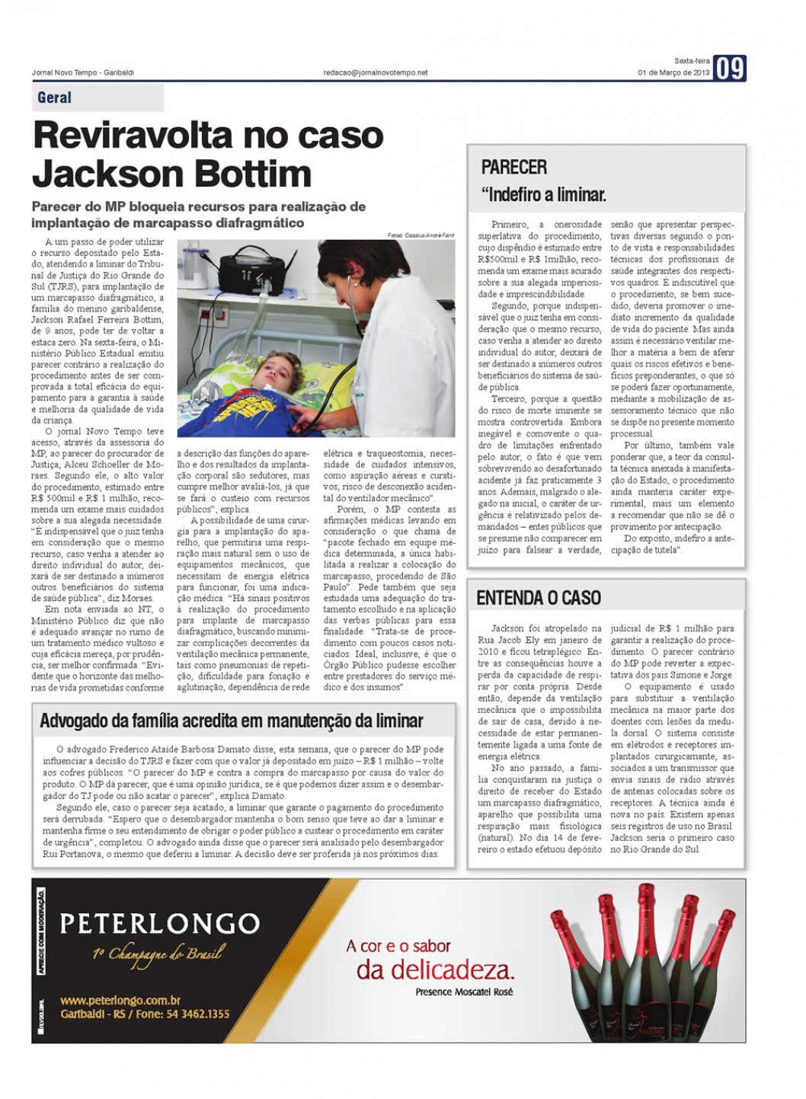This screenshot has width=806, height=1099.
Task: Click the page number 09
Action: click(729, 69)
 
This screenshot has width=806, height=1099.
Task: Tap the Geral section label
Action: click(55, 97)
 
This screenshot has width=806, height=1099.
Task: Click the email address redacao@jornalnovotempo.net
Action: click(376, 72)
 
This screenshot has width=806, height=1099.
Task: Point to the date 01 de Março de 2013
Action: click(673, 73)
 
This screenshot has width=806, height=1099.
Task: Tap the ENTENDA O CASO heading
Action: click(538, 598)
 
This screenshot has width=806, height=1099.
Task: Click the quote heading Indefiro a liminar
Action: click(543, 195)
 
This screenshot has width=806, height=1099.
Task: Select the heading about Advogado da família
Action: click(231, 720)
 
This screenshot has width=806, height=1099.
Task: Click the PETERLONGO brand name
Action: click(159, 923)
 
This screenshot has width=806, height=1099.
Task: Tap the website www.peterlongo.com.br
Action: click(120, 1000)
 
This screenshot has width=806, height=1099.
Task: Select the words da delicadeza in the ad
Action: click(435, 970)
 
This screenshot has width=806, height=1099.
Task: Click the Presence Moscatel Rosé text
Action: click(464, 992)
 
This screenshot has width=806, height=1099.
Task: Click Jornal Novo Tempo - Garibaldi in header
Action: click(83, 72)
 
